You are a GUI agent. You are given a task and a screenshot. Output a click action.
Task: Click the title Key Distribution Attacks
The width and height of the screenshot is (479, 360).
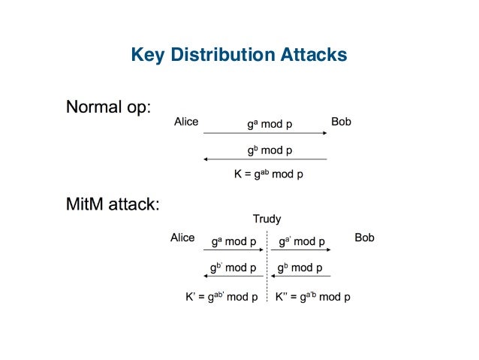click(x=239, y=54)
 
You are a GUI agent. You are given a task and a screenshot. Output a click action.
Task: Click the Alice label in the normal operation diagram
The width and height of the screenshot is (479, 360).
click(x=186, y=122)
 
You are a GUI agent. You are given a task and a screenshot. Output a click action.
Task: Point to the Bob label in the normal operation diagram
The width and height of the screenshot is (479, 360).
click(x=341, y=122)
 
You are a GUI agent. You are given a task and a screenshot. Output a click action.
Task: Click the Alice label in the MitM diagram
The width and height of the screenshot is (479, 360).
click(x=182, y=237)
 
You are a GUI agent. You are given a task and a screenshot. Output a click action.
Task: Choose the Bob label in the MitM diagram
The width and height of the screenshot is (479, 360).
click(x=364, y=237)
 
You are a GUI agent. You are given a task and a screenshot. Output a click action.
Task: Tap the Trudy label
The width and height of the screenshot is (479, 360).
click(x=267, y=219)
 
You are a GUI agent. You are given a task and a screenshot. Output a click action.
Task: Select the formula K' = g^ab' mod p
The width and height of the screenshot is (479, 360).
click(x=221, y=297)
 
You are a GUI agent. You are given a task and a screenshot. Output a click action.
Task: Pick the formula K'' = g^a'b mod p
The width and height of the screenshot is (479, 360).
click(x=313, y=297)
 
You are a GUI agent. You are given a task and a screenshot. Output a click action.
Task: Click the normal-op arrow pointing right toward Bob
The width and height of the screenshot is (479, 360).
click(x=265, y=134)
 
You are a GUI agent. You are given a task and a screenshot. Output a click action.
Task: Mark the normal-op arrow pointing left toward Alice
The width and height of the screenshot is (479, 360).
click(x=265, y=159)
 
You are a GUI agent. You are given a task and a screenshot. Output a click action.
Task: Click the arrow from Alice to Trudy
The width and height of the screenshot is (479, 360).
click(x=230, y=251)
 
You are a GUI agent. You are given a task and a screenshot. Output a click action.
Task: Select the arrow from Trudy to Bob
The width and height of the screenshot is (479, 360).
click(x=301, y=251)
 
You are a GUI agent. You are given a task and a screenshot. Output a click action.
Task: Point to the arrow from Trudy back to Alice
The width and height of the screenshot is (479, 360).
click(x=230, y=276)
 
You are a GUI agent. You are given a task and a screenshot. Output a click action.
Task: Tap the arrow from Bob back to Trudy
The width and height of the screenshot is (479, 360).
click(x=301, y=276)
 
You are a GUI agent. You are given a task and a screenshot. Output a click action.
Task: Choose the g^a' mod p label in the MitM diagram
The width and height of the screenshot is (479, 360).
click(x=302, y=242)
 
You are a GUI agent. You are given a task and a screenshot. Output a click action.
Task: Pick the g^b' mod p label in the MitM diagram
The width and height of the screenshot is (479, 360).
click(x=233, y=268)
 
